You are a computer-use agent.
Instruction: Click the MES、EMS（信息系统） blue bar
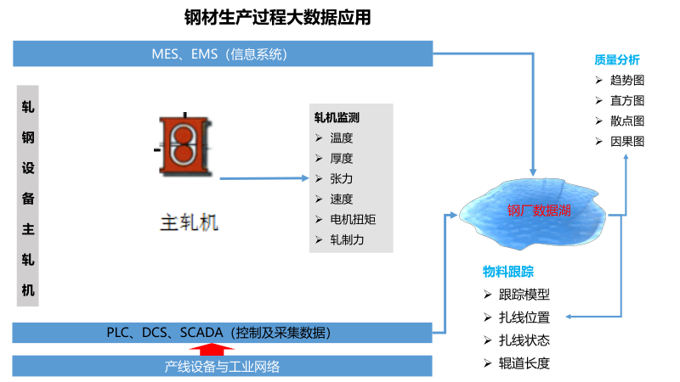224,54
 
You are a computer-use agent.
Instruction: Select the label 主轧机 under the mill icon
190,223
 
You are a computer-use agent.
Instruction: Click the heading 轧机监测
337,118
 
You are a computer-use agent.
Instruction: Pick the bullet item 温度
342,138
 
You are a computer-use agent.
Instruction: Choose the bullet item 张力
342,179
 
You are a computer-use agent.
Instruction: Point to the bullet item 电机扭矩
353,220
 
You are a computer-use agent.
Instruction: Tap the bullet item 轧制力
347,240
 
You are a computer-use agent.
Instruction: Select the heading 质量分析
616,60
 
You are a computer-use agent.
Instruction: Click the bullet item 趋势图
627,81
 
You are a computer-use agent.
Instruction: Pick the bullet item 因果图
627,142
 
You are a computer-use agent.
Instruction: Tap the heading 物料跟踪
507,272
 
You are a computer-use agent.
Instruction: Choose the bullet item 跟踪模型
524,295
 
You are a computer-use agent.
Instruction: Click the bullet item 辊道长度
524,364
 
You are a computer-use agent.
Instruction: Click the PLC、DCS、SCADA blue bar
224,332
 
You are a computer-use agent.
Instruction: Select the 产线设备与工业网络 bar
224,367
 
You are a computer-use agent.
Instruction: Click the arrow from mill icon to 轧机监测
263,179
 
